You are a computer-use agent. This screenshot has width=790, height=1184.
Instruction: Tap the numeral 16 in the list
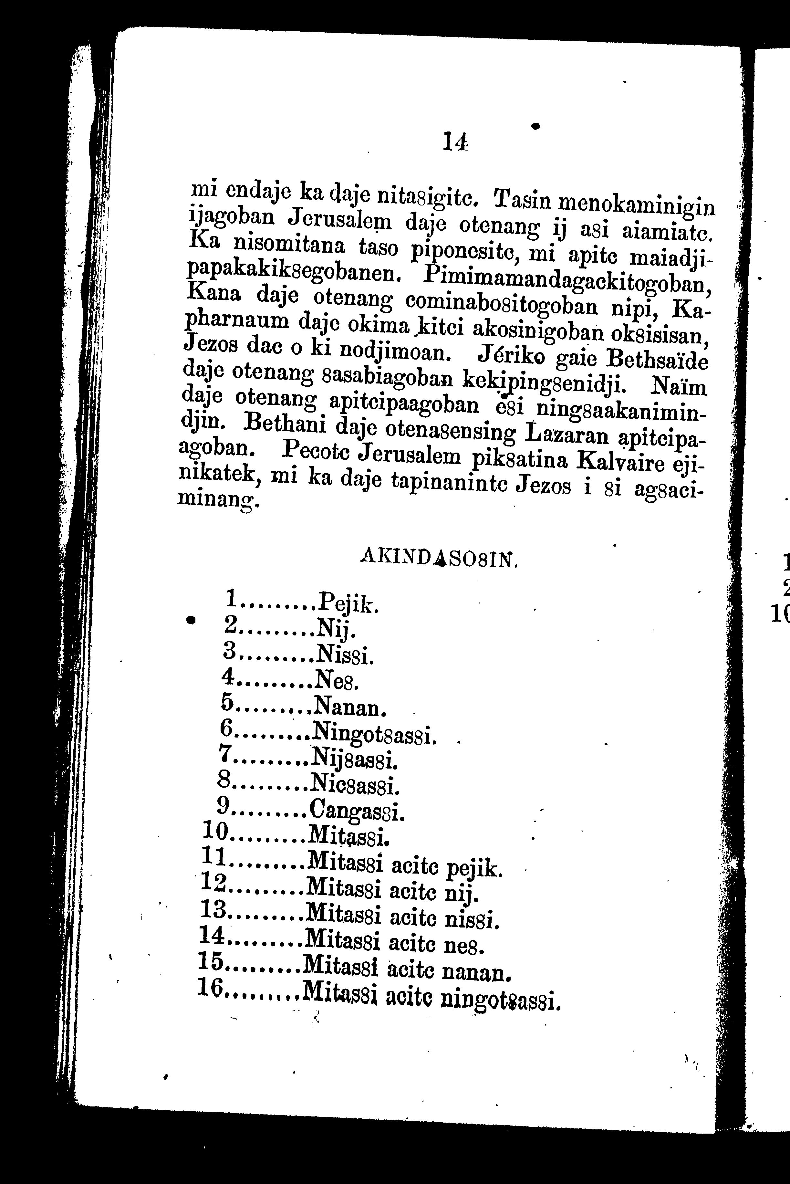point(211,987)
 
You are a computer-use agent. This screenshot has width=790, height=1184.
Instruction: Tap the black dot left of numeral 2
point(191,620)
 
